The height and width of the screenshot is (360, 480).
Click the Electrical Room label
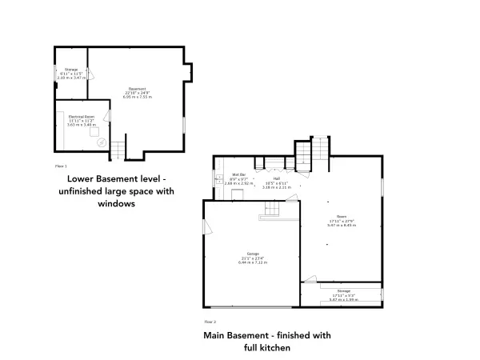click(x=79, y=117)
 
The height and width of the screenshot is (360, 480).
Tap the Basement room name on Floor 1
click(x=137, y=88)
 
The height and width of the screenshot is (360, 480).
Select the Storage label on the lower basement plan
click(x=70, y=70)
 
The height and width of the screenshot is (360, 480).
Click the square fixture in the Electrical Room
click(x=93, y=133)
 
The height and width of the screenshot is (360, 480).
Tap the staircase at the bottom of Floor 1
click(x=118, y=149)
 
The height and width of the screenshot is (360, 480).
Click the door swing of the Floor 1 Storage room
click(x=90, y=75)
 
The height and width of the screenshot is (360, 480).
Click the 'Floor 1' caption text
click(x=60, y=166)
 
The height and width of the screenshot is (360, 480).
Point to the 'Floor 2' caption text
click(x=210, y=321)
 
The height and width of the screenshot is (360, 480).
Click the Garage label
click(x=253, y=254)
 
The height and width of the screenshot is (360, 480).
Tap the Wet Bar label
click(x=238, y=174)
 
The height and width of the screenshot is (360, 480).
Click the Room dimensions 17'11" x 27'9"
click(x=342, y=222)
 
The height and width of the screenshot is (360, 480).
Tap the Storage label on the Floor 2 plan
click(x=344, y=290)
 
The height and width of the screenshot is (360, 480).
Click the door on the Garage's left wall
click(x=207, y=228)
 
